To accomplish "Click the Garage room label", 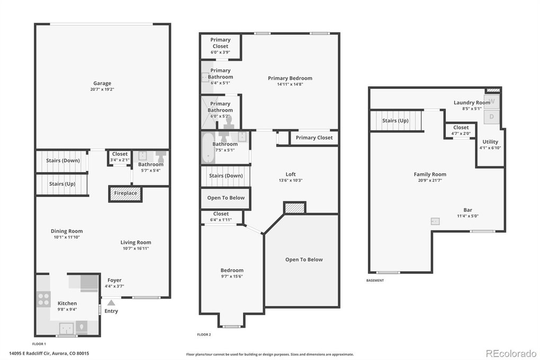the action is [x=102, y=83].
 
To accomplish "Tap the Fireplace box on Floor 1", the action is [x=125, y=194].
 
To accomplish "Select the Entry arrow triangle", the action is [x=111, y=303].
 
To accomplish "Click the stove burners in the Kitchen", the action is [x=44, y=299].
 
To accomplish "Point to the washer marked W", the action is [x=491, y=101].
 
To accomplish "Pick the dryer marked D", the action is [x=491, y=117].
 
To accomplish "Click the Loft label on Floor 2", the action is [x=291, y=174].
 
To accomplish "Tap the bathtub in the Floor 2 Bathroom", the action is [x=208, y=148].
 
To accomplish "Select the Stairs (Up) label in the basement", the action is [x=395, y=121].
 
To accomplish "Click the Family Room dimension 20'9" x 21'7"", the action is [x=430, y=180].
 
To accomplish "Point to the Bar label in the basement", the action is [x=467, y=210].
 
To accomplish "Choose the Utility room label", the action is [x=490, y=141].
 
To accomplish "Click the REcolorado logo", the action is [x=511, y=353].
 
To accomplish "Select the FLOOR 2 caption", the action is [x=204, y=335].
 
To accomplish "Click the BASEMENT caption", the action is [x=375, y=281].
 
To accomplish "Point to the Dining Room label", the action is [x=67, y=231].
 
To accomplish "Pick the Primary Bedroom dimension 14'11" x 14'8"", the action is [x=290, y=84].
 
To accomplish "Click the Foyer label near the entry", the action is [x=114, y=281].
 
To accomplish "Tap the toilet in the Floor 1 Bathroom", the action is [x=161, y=157].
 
